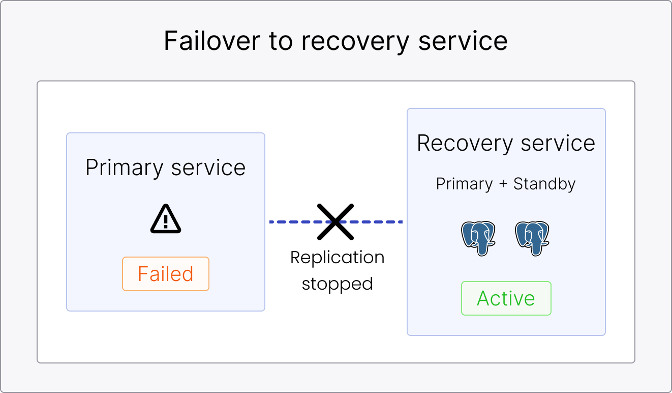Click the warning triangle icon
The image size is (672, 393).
coord(166,220)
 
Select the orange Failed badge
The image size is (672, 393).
coord(166,274)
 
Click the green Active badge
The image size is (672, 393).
coord(506,298)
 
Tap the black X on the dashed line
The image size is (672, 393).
coord(335,222)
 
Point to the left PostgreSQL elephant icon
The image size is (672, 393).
coord(478,238)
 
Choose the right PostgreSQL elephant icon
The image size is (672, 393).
coord(532,238)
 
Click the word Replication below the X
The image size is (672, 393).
coord(337,258)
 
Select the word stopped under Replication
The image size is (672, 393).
coord(337,284)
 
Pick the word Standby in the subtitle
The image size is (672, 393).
coord(544,184)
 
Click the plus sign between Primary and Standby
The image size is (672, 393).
coord(503,184)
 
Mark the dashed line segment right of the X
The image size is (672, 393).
coord(379,222)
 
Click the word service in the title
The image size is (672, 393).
coord(463,41)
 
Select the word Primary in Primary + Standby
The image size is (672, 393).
coord(464,184)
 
